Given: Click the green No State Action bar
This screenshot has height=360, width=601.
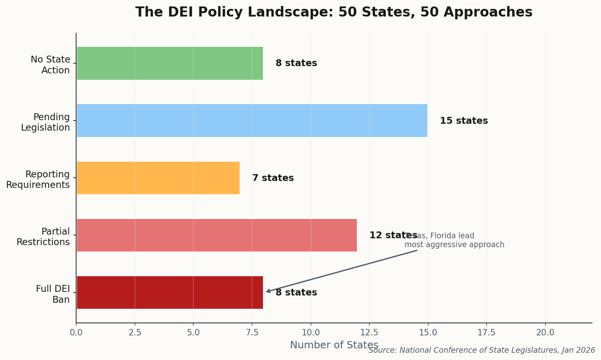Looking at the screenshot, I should pyautogui.click(x=170, y=63).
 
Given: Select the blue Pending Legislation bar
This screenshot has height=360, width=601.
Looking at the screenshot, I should pyautogui.click(x=252, y=121).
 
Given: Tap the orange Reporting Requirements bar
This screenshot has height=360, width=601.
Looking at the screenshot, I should pyautogui.click(x=158, y=178).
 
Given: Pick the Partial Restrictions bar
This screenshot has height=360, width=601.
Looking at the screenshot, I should pyautogui.click(x=216, y=235).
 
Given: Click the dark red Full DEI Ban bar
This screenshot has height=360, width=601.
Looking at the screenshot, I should pyautogui.click(x=170, y=292).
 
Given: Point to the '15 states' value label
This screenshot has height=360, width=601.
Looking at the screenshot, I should pyautogui.click(x=464, y=121).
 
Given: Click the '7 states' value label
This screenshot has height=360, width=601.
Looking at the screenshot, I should pyautogui.click(x=273, y=178).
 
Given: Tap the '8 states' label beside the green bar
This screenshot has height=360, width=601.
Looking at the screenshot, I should pyautogui.click(x=296, y=63).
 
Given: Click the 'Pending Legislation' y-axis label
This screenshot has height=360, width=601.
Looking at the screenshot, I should pyautogui.click(x=46, y=122).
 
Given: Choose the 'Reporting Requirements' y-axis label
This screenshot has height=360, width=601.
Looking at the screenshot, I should pyautogui.click(x=38, y=179).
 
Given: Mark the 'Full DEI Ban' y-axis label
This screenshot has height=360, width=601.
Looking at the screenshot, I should pyautogui.click(x=53, y=294).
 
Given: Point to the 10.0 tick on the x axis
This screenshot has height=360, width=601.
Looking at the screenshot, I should pyautogui.click(x=311, y=333).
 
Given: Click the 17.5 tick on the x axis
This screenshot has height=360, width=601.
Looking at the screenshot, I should pyautogui.click(x=487, y=333).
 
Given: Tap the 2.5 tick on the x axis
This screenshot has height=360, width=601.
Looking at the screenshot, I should pyautogui.click(x=135, y=333).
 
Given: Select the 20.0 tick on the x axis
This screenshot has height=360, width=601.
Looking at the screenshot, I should pyautogui.click(x=545, y=333).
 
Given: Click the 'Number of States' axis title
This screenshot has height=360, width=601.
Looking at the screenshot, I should pyautogui.click(x=334, y=345).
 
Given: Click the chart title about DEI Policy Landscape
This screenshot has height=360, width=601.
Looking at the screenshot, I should pyautogui.click(x=334, y=12).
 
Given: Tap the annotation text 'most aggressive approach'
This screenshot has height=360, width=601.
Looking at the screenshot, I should pyautogui.click(x=454, y=245).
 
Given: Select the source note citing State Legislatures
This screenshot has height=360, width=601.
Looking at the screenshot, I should pyautogui.click(x=481, y=350).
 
